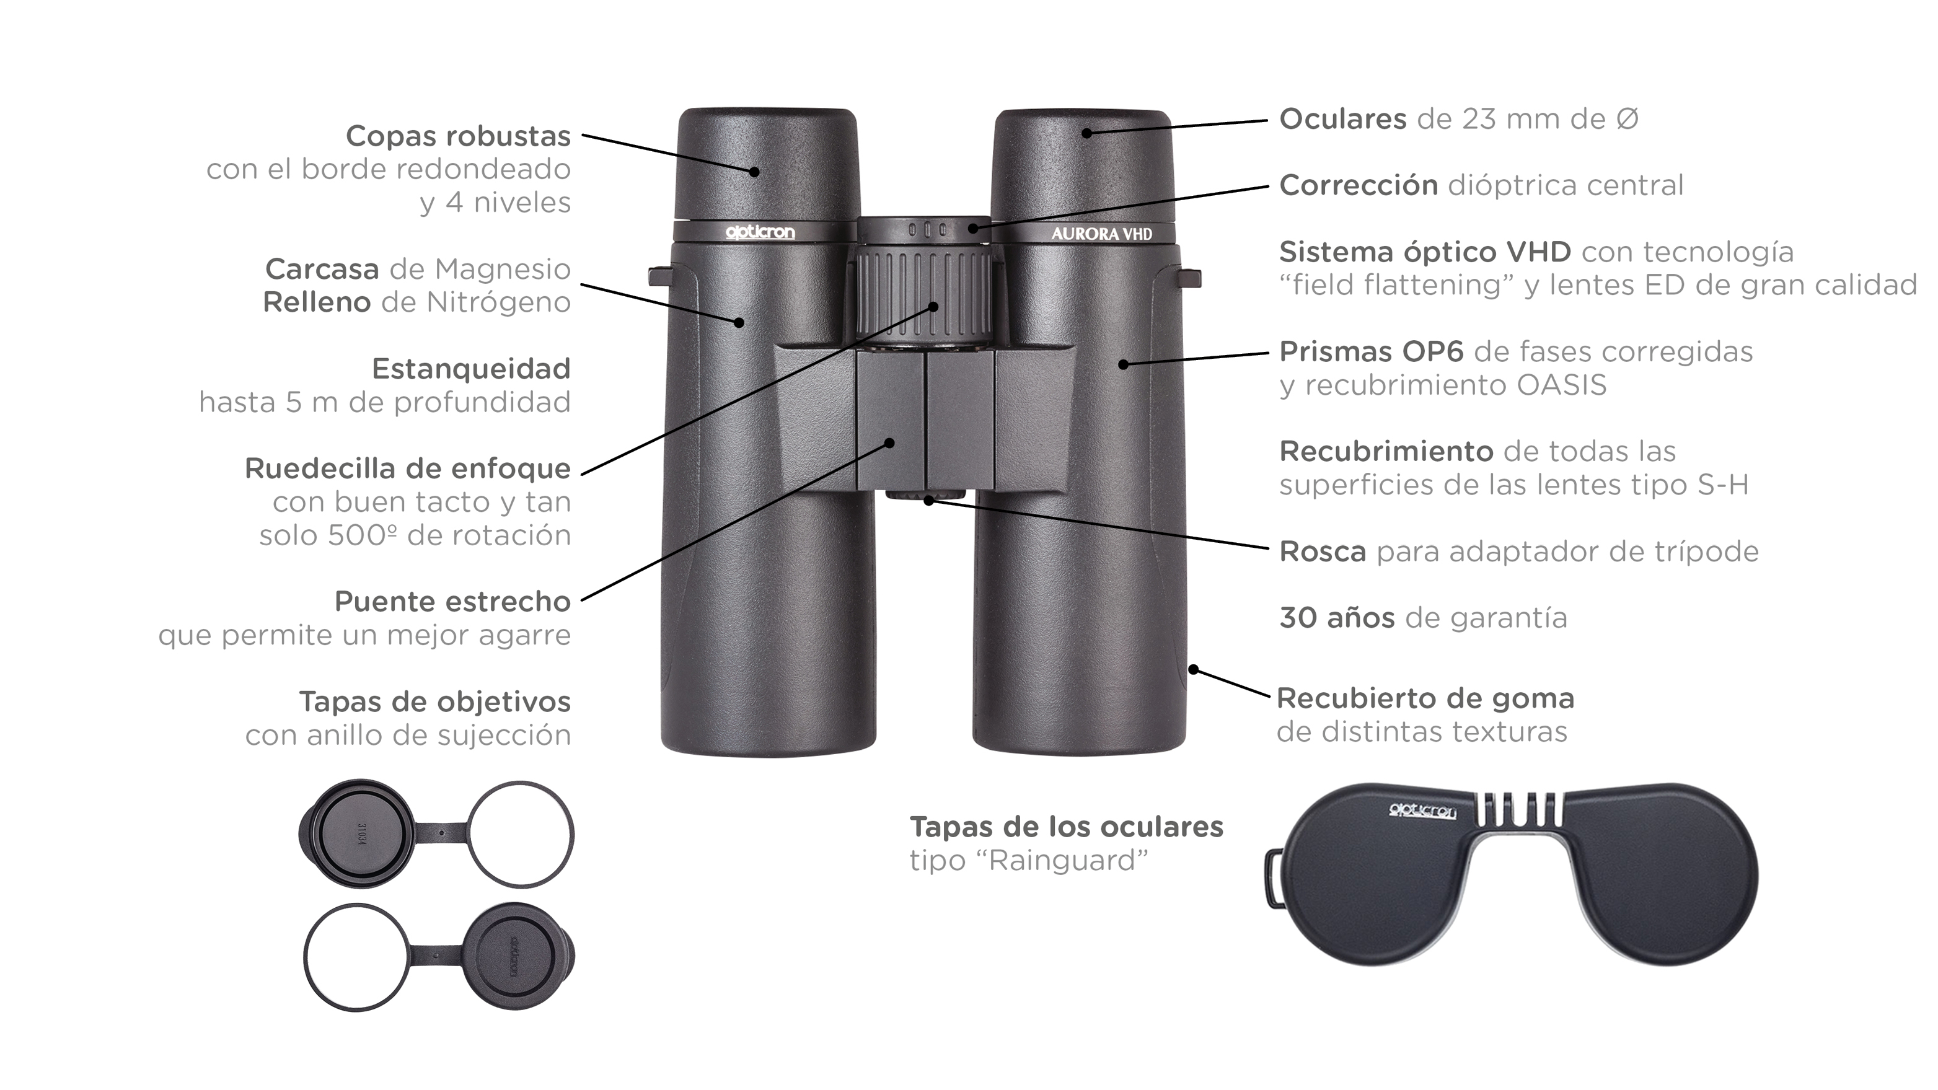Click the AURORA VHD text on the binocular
[x=1101, y=234]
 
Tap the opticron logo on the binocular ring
[x=760, y=232]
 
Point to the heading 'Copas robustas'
[x=458, y=136]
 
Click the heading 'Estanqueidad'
[x=471, y=369]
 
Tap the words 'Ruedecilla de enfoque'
[x=408, y=468]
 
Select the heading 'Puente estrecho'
[x=452, y=601]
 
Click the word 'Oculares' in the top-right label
[x=1343, y=119]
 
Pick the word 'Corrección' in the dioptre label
[x=1359, y=185]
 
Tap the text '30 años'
[x=1337, y=618]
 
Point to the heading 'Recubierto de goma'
[x=1425, y=698]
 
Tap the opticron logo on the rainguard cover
[x=1422, y=811]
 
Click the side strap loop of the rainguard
[x=1273, y=878]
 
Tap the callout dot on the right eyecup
[x=1086, y=133]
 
